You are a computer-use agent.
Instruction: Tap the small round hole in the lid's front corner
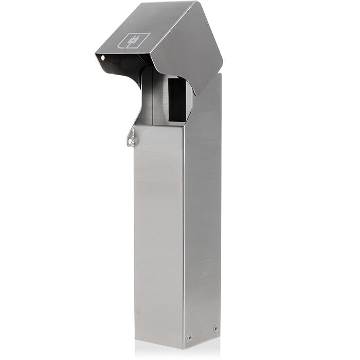[x=102, y=57]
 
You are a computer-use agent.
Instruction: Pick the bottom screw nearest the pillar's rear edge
[x=215, y=328]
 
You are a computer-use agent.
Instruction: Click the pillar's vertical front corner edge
[x=184, y=231]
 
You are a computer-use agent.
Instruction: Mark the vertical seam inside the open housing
[x=153, y=98]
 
